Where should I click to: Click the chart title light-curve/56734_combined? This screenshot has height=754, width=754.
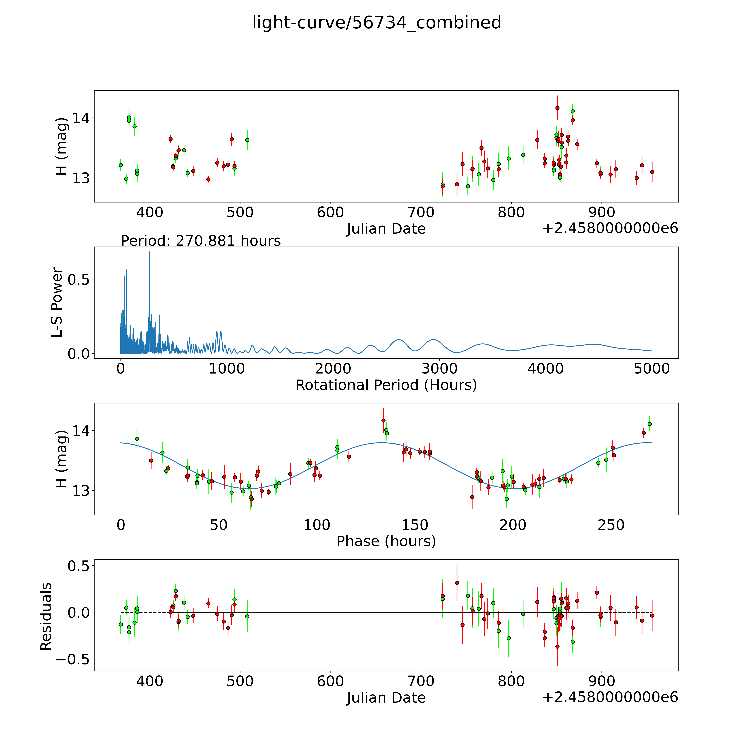(x=377, y=23)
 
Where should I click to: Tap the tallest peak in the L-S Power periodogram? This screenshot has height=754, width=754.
(x=149, y=252)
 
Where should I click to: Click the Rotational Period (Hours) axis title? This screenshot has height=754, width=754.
(x=386, y=385)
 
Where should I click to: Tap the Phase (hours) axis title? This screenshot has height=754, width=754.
(x=386, y=541)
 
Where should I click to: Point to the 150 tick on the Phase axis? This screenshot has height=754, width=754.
(x=415, y=525)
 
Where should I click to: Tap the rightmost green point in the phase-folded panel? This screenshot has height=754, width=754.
(x=649, y=424)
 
